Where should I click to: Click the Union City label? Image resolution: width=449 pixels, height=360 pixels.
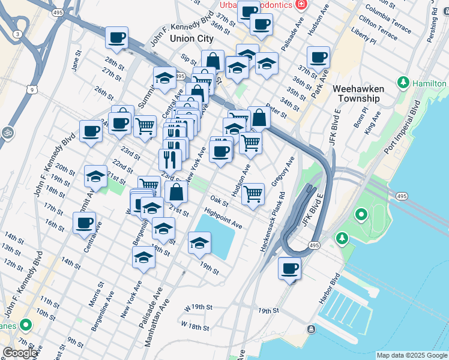click(x=191, y=38)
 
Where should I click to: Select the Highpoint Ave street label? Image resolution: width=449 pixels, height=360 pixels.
click(x=223, y=218)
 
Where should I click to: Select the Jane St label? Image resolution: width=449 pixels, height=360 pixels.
click(x=76, y=63)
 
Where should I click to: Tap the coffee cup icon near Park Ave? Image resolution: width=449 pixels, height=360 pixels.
click(x=318, y=57)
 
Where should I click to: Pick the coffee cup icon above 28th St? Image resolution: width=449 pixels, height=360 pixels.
click(x=116, y=37)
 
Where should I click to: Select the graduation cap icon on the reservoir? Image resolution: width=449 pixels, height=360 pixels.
click(x=199, y=242)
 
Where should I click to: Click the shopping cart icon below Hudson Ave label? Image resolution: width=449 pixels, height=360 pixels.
click(x=253, y=194)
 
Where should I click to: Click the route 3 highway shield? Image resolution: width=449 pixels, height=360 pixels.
click(x=17, y=34)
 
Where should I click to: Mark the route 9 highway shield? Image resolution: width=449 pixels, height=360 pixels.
click(x=31, y=90)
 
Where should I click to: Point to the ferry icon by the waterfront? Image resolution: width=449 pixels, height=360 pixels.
click(x=311, y=329)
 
